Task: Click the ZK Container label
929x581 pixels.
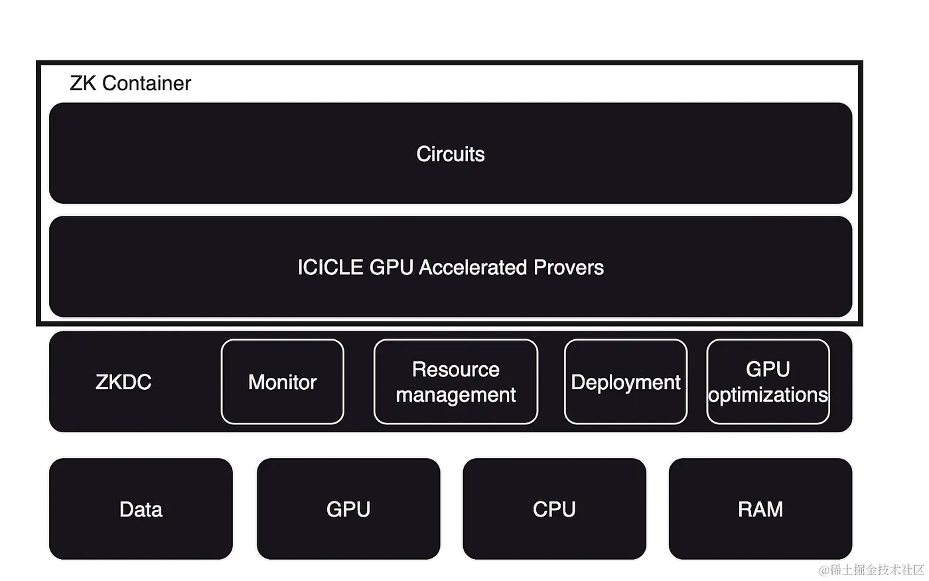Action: click(130, 83)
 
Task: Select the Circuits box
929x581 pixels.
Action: click(451, 153)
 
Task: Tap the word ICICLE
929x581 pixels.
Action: click(330, 267)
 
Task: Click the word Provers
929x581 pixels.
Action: click(569, 267)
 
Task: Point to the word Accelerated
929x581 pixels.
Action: click(473, 267)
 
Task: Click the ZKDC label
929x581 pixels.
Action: click(123, 382)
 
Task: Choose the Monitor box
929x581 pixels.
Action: click(283, 382)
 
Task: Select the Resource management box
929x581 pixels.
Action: click(456, 382)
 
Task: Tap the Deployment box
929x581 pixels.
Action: click(626, 382)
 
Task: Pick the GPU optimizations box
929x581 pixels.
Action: click(768, 382)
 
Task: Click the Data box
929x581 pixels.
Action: click(141, 509)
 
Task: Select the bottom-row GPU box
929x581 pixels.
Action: click(348, 509)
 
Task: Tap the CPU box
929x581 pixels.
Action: click(554, 509)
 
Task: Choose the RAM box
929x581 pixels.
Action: click(760, 509)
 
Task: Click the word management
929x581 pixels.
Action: click(456, 395)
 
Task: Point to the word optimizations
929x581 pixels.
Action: click(768, 395)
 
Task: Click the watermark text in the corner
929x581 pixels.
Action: click(871, 570)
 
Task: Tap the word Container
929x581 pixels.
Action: click(147, 83)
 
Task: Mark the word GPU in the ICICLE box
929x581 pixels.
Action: click(392, 267)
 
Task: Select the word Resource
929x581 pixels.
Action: click(456, 369)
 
